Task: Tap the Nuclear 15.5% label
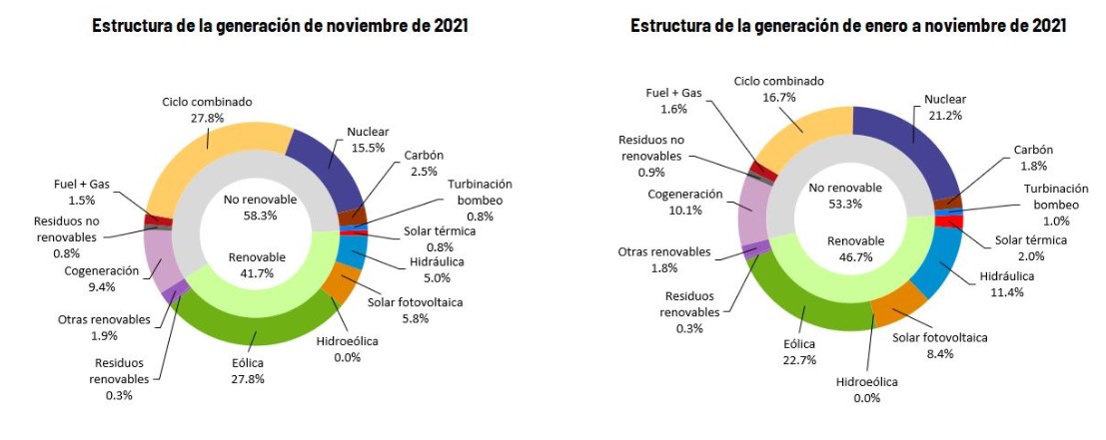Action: tap(368, 139)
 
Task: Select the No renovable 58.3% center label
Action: tap(259, 207)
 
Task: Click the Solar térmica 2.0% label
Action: tap(1031, 247)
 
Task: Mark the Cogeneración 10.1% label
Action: tap(686, 202)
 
